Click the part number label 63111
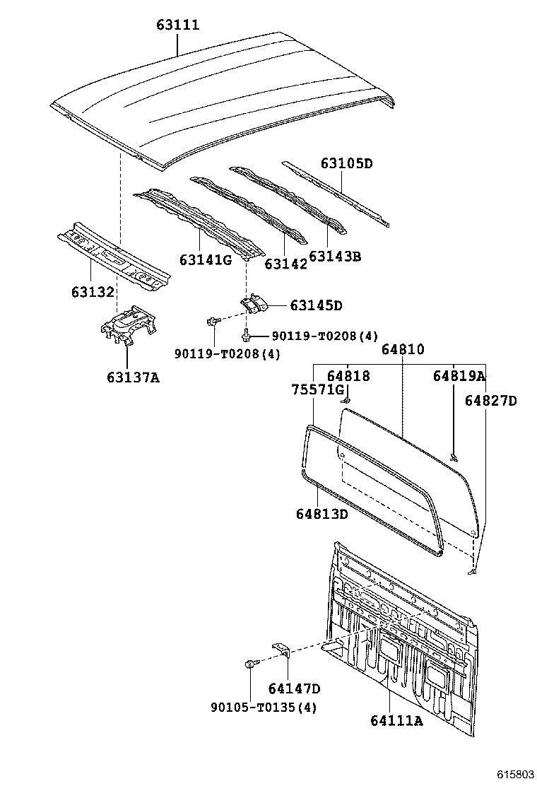[178, 25]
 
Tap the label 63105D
[347, 163]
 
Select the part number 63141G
[206, 259]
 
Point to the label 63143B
[335, 256]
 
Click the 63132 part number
[93, 291]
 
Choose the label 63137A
[133, 377]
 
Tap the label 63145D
[316, 305]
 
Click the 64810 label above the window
[403, 349]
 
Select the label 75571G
[318, 389]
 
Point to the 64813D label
[321, 514]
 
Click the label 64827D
[490, 401]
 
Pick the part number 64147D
[294, 688]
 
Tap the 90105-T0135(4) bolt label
[264, 708]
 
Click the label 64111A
[396, 720]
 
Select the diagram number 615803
[516, 774]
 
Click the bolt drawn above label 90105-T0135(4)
[250, 664]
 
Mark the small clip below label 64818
[346, 400]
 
